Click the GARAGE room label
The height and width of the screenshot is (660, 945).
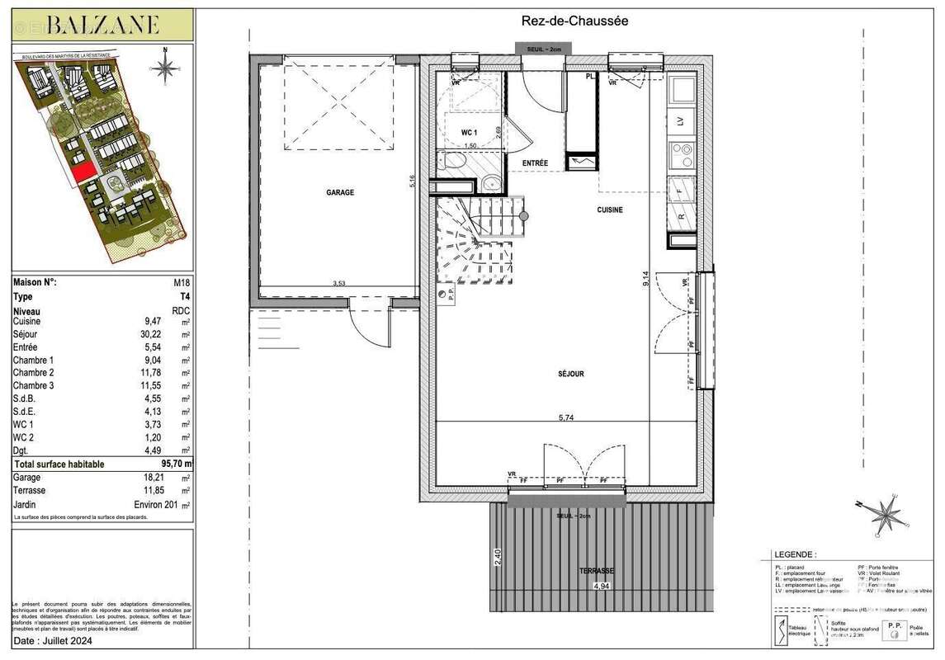coord(339,192)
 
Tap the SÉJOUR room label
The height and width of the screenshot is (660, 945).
coord(570,374)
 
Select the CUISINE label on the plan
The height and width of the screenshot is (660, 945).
coord(610,210)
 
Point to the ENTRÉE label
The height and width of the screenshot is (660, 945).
coord(535,163)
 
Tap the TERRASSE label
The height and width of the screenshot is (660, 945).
coord(595,570)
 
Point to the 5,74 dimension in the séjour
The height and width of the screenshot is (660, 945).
coord(565,417)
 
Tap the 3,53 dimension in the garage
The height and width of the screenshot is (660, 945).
coord(338,283)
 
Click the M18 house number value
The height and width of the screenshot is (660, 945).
coord(182,282)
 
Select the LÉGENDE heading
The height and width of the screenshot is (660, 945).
coord(795,555)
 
